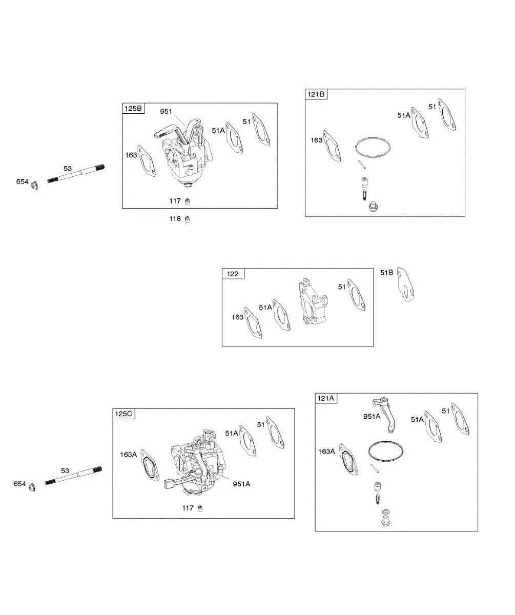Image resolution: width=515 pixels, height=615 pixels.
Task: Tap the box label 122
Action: coord(233,274)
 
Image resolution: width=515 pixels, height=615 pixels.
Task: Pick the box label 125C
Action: coord(125,414)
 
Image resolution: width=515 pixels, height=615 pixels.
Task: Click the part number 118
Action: coord(175,219)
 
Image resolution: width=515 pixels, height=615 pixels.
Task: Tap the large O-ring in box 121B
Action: coord(373,147)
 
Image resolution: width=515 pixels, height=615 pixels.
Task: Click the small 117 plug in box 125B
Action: coord(188,200)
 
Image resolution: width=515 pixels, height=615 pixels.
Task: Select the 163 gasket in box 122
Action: coord(253,324)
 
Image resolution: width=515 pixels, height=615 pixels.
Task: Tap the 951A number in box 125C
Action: coord(241,483)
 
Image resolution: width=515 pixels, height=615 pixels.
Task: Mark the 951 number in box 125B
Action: coord(166,111)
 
